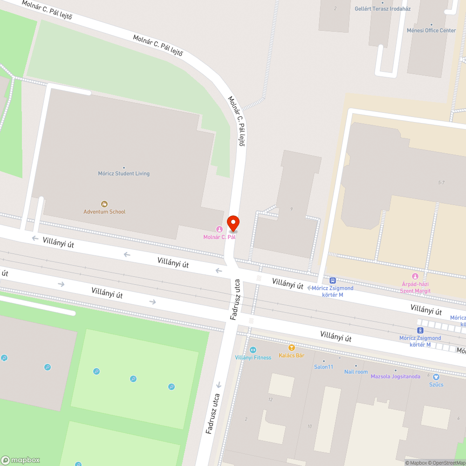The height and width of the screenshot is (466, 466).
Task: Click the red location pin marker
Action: click(233, 223)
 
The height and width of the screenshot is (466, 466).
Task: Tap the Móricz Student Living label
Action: click(123, 173)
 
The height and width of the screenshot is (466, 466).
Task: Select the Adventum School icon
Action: click(104, 204)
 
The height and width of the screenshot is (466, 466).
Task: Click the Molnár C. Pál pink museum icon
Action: click(219, 229)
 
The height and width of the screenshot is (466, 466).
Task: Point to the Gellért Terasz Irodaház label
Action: click(383, 8)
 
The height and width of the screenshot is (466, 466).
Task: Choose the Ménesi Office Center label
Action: click(431, 30)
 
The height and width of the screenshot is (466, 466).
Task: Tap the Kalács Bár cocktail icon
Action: click(292, 348)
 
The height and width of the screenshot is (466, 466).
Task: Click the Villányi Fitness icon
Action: click(253, 350)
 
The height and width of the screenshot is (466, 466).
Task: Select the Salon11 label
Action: click(324, 367)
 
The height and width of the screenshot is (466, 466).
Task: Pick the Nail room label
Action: click(356, 371)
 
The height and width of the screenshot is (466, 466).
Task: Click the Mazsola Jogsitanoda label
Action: click(395, 376)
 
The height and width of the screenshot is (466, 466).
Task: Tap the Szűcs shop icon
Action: click(436, 377)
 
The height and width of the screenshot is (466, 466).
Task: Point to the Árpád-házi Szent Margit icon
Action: click(415, 276)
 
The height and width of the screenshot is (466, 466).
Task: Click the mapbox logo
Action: click(21, 460)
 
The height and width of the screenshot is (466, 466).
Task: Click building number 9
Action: click(291, 209)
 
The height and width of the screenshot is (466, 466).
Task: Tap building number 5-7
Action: click(441, 182)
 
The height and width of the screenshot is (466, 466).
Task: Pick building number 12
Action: click(270, 400)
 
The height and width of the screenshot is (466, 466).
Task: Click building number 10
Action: click(309, 426)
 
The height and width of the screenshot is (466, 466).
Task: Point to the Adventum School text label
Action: click(104, 212)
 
